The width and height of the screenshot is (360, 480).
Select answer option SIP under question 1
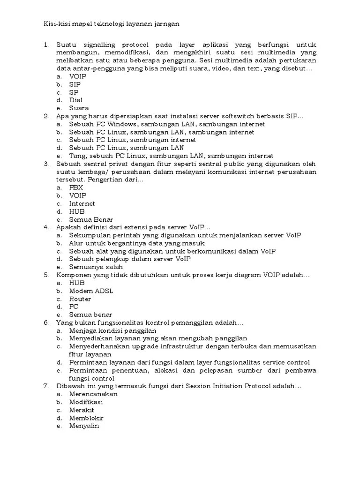[75, 84]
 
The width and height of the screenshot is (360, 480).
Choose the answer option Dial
[76, 100]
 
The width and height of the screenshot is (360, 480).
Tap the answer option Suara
[79, 108]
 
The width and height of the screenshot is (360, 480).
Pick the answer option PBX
[76, 187]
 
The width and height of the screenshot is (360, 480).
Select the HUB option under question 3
[77, 211]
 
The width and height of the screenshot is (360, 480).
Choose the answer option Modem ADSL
[91, 291]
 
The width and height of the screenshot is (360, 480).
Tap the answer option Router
[80, 299]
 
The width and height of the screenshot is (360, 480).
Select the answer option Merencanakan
[93, 394]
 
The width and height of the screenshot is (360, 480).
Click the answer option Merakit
[82, 410]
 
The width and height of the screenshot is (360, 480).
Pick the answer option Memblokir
[86, 418]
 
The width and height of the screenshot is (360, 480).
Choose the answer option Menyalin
[84, 426]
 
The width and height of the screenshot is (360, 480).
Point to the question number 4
[46, 227]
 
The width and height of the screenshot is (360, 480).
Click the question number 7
[46, 386]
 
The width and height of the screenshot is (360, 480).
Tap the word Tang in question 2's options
[76, 156]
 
